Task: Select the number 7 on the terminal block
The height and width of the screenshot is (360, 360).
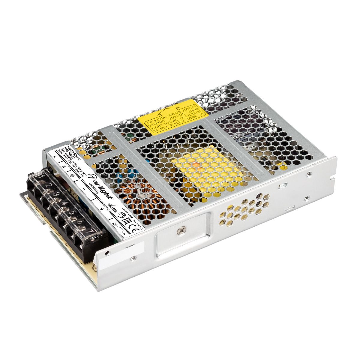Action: coord(88,231)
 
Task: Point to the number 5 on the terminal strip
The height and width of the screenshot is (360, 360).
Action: coord(71,212)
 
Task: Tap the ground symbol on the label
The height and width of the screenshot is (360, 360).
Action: coord(72,175)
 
